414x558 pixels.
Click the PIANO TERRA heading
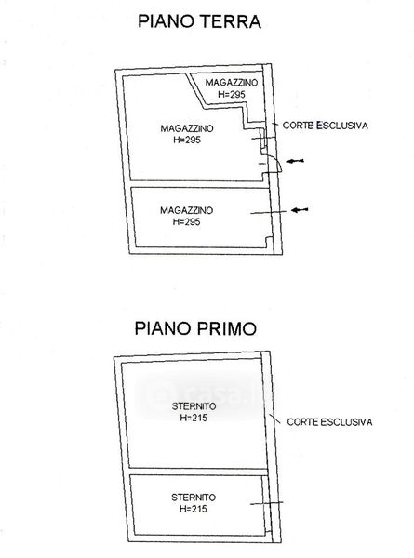[199, 21]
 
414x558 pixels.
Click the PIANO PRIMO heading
[195, 328]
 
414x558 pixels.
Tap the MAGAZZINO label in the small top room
[232, 83]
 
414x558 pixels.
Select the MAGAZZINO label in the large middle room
[187, 128]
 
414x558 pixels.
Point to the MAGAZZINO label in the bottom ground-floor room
[186, 210]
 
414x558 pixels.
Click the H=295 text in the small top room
[232, 94]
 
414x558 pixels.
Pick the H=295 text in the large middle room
[187, 139]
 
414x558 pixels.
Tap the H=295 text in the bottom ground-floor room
[186, 221]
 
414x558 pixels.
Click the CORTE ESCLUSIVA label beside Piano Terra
[325, 126]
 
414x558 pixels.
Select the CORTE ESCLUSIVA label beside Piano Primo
[329, 422]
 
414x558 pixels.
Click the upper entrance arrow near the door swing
[295, 161]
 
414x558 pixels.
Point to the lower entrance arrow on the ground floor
[300, 210]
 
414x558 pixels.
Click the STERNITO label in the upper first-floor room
[194, 406]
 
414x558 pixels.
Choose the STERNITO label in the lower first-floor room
[194, 498]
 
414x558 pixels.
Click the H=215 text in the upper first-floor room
[194, 418]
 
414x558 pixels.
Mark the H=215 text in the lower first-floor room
[194, 509]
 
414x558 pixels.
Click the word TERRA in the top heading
[230, 21]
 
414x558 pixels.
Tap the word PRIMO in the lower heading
[225, 328]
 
